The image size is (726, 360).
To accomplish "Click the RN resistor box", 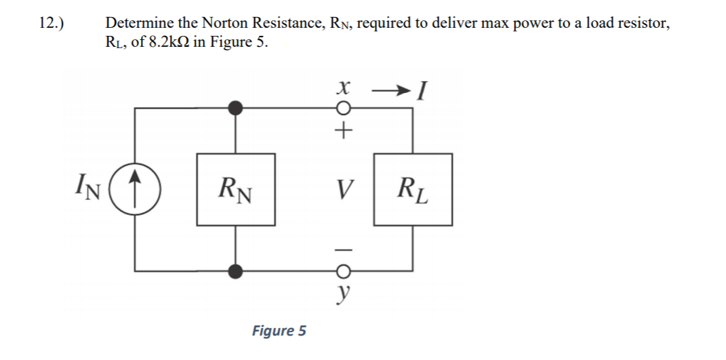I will coord(236,190).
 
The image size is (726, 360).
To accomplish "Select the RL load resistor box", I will coord(413,190).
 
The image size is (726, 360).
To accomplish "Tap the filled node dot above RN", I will coord(236,108).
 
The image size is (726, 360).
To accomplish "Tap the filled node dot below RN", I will coord(236,271).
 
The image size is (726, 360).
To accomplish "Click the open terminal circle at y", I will coord(344,272).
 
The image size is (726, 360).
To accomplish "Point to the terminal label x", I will coord(344,88).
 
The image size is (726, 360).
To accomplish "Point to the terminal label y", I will coord(344,292).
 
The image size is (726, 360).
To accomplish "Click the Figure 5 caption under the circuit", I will coord(279,331).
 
